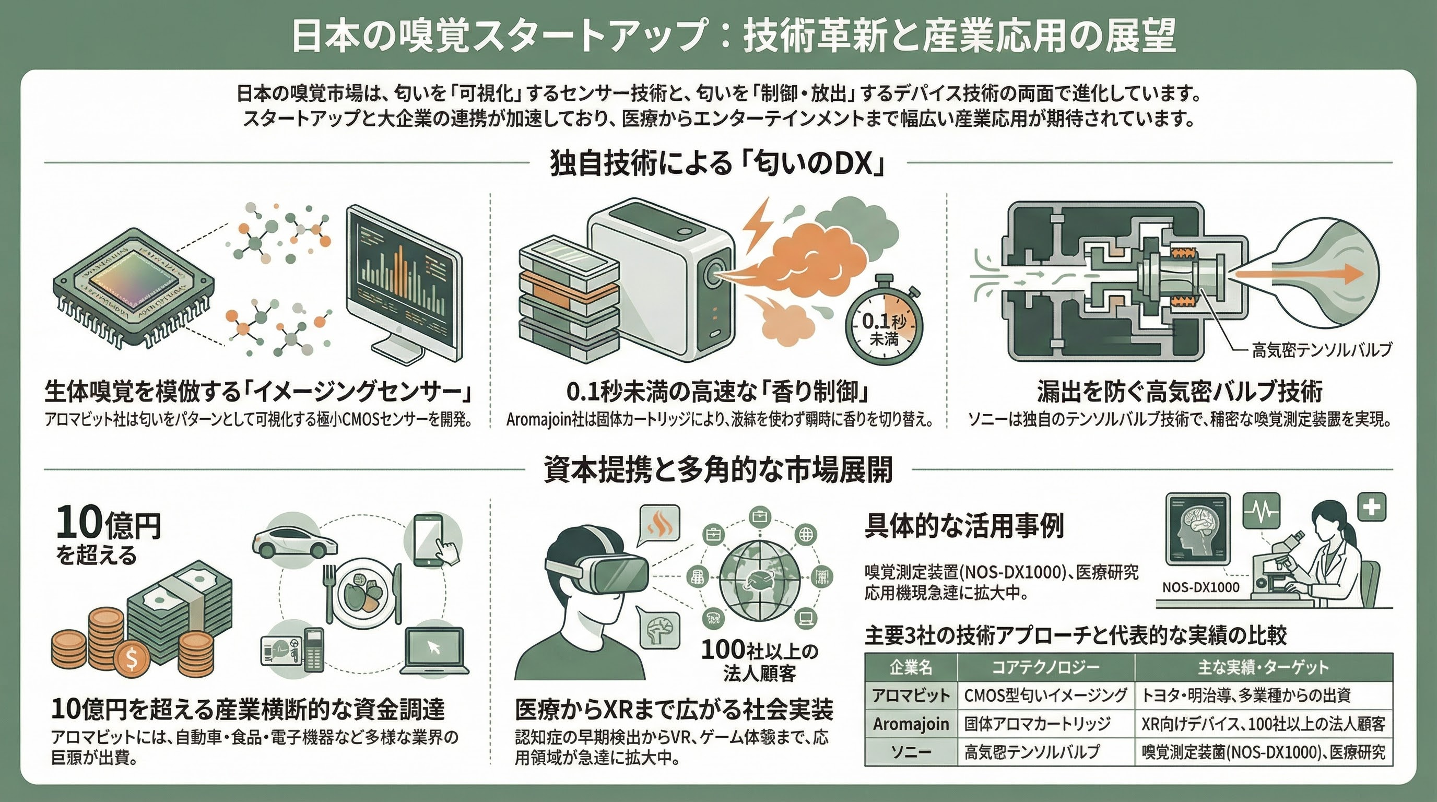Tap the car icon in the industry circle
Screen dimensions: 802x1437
pyautogui.click(x=294, y=539)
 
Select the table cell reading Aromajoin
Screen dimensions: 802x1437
pyautogui.click(x=911, y=724)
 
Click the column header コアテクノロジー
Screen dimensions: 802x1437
pyautogui.click(x=1045, y=667)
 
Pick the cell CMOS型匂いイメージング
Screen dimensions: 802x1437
pyautogui.click(x=1045, y=695)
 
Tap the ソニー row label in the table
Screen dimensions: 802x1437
pyautogui.click(x=911, y=752)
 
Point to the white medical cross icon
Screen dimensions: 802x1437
pyautogui.click(x=1372, y=507)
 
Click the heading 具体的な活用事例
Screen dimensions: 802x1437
pyautogui.click(x=964, y=526)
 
